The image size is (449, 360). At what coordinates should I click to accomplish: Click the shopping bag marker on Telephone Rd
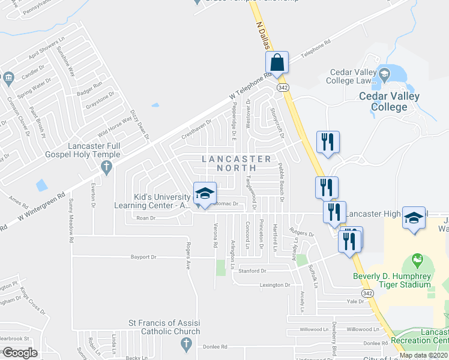point(277,62)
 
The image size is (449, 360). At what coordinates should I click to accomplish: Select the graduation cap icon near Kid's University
point(205,193)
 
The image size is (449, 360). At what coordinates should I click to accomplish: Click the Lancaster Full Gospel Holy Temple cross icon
point(107,168)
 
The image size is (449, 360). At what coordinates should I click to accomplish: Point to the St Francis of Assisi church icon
point(186,344)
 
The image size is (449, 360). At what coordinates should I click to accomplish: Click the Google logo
point(19,353)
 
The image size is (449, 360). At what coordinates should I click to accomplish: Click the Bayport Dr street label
point(143,257)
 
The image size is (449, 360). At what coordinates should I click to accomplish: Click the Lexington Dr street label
point(275,285)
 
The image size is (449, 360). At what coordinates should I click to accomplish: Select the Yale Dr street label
point(355,302)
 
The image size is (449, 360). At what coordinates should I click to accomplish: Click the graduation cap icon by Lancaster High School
point(414,218)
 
